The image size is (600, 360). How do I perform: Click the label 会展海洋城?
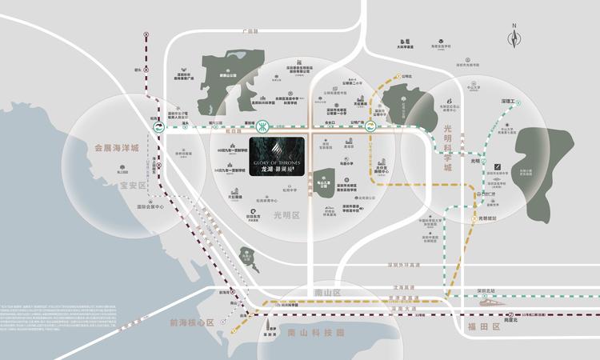(x=117, y=148)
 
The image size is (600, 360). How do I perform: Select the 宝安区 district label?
(x=134, y=186)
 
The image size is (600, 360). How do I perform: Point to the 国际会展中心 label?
(x=150, y=207)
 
